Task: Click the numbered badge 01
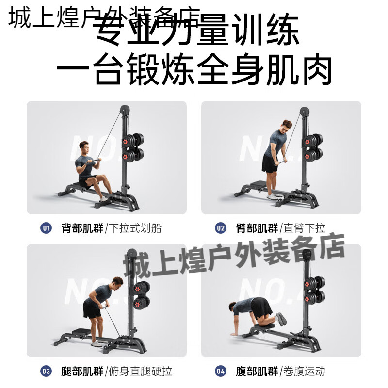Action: pyautogui.click(x=47, y=228)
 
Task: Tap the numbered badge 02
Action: pyautogui.click(x=221, y=228)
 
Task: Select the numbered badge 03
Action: pyautogui.click(x=47, y=372)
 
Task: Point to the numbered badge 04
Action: pyautogui.click(x=221, y=372)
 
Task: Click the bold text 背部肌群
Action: pyautogui.click(x=82, y=228)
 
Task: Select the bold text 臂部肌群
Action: pyautogui.click(x=258, y=228)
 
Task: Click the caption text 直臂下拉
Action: pyautogui.click(x=305, y=228)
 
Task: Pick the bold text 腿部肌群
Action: pyautogui.click(x=82, y=372)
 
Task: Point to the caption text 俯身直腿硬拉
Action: pyautogui.click(x=143, y=372)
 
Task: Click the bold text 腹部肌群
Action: pyautogui.click(x=258, y=372)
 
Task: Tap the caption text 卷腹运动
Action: pyautogui.click(x=305, y=372)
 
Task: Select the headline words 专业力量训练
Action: pyautogui.click(x=194, y=32)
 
